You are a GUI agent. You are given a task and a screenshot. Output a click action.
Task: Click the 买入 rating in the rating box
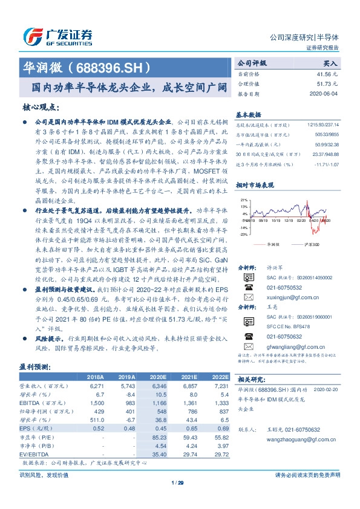point(330,62)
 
